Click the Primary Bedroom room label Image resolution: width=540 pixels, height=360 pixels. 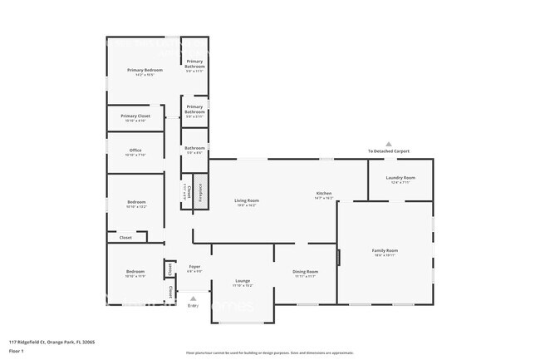(145, 70)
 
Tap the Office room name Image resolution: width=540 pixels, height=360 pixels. (135, 150)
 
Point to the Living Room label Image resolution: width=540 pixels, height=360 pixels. (246, 200)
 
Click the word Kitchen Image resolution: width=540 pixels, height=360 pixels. (323, 193)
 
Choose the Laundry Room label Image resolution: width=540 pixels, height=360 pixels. (400, 177)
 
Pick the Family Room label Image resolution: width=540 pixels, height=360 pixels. (385, 250)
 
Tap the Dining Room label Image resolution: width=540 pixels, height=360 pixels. (305, 272)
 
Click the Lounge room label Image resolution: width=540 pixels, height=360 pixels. (243, 280)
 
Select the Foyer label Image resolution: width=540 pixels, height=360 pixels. (194, 266)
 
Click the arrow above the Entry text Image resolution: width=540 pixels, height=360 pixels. (194, 297)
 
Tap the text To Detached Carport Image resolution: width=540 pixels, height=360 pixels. (388, 150)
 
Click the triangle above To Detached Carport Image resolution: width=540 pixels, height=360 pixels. (388, 143)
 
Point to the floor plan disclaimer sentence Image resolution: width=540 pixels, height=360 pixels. (270, 353)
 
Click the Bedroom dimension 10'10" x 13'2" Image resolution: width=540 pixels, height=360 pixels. (135, 207)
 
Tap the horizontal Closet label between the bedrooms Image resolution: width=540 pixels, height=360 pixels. (125, 238)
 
